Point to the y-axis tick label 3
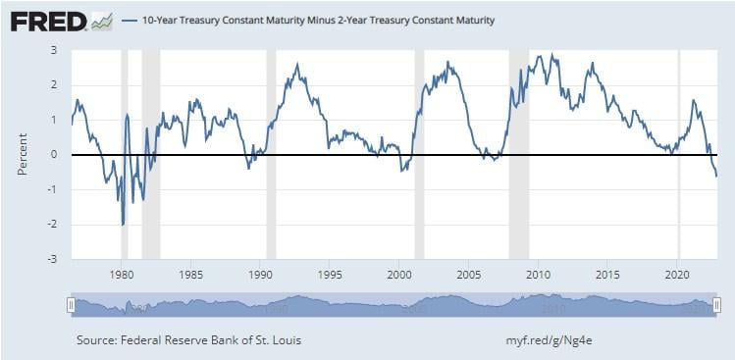coord(54,49)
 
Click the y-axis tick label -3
coord(52,260)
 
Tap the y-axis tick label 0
coord(54,155)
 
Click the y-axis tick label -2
coord(52,225)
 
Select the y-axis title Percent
coord(22,155)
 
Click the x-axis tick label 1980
coord(121,274)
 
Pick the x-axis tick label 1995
coord(330,274)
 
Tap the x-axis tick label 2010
coord(538,274)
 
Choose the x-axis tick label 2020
coord(678,274)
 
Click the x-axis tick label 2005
coord(469,274)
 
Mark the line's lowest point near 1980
coord(123,225)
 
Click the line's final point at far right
coord(716,177)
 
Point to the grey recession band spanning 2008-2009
coord(518,155)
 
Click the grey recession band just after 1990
coord(272,155)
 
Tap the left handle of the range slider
coord(70,306)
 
